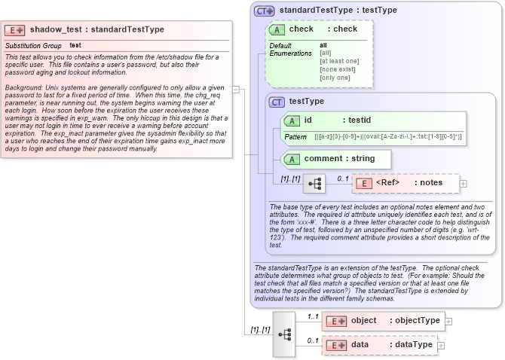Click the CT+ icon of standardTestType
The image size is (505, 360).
click(x=264, y=11)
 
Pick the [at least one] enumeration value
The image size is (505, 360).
click(x=338, y=61)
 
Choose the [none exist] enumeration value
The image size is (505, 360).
click(x=336, y=69)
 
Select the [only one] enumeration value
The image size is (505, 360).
click(x=334, y=78)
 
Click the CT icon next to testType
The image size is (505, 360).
click(x=277, y=101)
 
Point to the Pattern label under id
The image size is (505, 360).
click(x=295, y=137)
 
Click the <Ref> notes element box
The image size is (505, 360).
click(x=406, y=183)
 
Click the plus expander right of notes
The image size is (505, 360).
click(x=464, y=183)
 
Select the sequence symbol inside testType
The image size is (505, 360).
click(x=314, y=183)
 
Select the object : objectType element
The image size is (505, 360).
click(x=382, y=321)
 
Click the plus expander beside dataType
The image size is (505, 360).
click(x=442, y=345)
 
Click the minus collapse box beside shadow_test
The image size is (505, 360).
click(x=237, y=89)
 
